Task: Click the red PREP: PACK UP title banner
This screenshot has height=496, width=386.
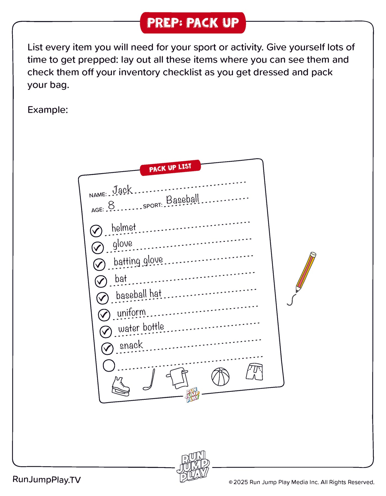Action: (x=193, y=23)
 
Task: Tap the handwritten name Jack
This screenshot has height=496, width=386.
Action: (x=122, y=190)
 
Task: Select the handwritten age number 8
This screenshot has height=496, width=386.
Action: (x=111, y=205)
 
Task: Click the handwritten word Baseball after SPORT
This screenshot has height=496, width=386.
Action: (x=182, y=199)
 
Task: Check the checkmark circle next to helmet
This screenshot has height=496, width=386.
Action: (x=96, y=231)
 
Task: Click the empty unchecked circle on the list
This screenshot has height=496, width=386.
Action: (x=109, y=365)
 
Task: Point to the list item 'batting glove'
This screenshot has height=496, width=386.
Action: (x=138, y=261)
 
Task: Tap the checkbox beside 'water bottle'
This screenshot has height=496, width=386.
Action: (x=106, y=332)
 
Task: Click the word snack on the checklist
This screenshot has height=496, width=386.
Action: (x=131, y=345)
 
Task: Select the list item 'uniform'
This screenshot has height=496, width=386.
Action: (x=131, y=313)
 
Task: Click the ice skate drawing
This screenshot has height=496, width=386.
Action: (x=120, y=386)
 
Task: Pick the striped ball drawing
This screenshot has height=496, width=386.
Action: (x=220, y=377)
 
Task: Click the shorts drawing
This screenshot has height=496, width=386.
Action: (x=254, y=372)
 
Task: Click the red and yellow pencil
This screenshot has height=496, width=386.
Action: (x=306, y=272)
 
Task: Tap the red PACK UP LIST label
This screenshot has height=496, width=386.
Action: (x=170, y=168)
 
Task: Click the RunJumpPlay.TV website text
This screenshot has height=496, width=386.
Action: (x=47, y=480)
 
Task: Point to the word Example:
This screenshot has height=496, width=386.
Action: (x=48, y=110)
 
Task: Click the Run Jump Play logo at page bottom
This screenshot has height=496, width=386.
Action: (x=193, y=466)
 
